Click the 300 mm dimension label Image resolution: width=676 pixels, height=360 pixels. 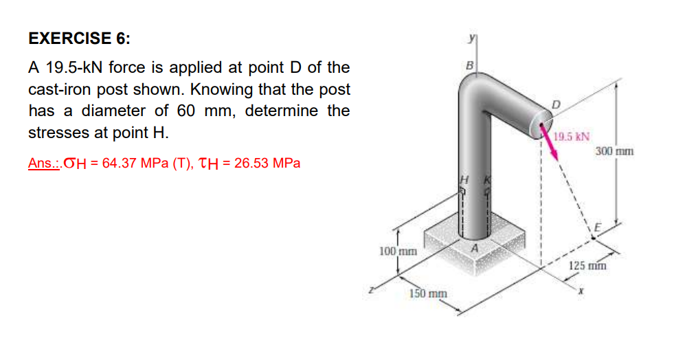click(614, 150)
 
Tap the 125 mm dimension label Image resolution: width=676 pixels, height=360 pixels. click(588, 265)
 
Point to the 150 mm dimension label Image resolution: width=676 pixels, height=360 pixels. click(428, 294)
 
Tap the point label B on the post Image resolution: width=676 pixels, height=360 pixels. click(469, 67)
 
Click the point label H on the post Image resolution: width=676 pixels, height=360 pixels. click(463, 179)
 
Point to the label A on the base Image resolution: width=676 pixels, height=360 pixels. click(473, 247)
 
